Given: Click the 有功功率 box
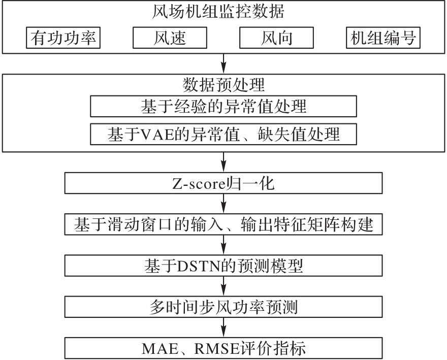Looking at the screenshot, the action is (x=63, y=38).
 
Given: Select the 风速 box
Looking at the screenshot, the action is (x=170, y=38).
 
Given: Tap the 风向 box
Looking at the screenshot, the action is (x=276, y=38).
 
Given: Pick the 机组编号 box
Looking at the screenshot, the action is (x=383, y=38).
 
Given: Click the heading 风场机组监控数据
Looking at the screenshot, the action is (x=218, y=12).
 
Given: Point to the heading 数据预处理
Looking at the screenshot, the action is (x=223, y=85).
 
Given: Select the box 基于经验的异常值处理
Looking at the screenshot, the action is (x=223, y=106).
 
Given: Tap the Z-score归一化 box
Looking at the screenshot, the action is (x=223, y=183).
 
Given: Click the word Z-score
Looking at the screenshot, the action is (x=199, y=184).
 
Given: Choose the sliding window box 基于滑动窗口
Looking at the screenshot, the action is (x=223, y=224).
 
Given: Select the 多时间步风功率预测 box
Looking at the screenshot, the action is (x=223, y=307).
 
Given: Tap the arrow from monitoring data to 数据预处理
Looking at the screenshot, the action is (x=223, y=63).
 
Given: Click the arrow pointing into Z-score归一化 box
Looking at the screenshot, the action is (x=223, y=162).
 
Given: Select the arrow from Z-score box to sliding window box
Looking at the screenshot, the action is (x=223, y=204).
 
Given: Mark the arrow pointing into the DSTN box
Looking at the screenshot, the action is (x=223, y=245).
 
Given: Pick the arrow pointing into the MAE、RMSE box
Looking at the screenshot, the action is (x=223, y=328).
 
